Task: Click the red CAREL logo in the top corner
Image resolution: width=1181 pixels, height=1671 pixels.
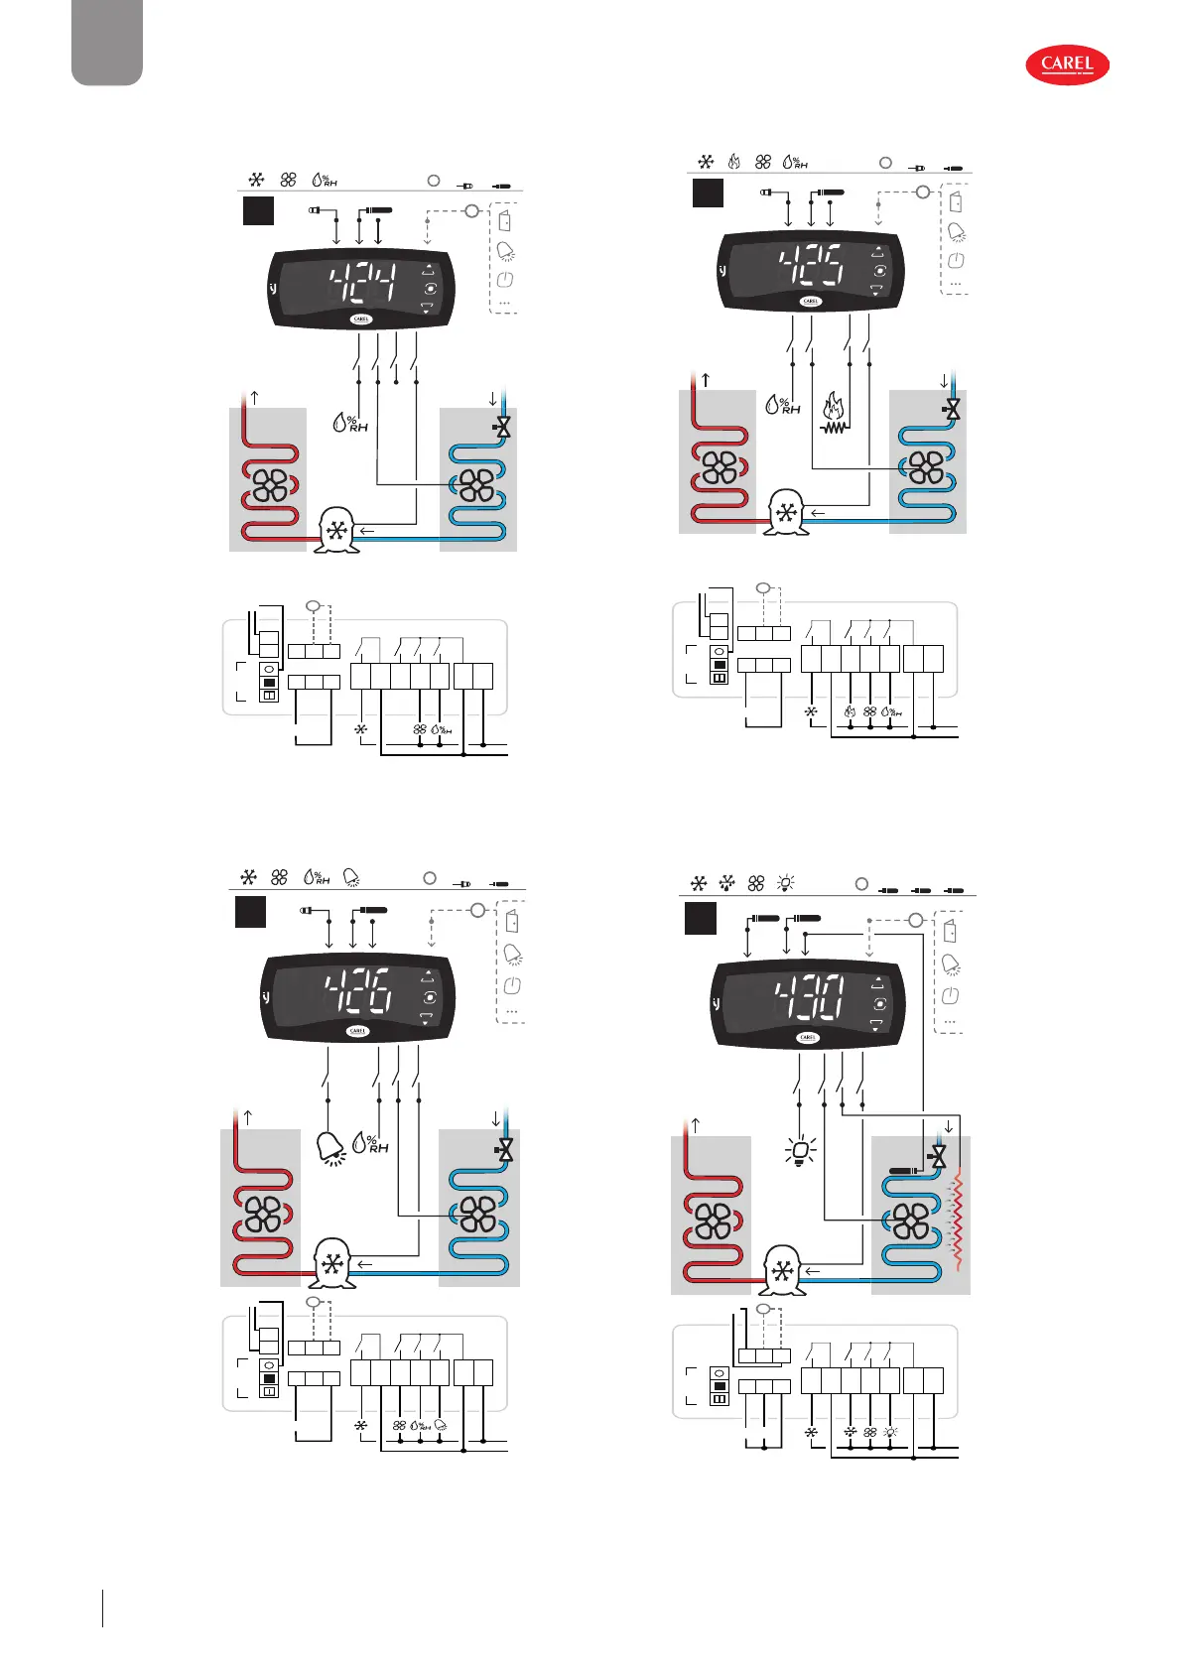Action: (x=1067, y=65)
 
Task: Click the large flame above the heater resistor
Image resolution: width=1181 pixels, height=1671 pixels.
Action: (x=834, y=407)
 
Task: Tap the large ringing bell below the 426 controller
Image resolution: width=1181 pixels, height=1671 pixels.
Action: (x=330, y=1148)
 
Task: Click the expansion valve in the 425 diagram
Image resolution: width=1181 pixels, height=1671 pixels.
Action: (x=952, y=409)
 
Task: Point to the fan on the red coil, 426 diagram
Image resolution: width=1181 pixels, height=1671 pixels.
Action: (x=264, y=1214)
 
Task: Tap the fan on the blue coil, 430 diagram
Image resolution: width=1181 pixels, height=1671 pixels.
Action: (x=911, y=1220)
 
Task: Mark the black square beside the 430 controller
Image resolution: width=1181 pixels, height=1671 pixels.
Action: (x=700, y=919)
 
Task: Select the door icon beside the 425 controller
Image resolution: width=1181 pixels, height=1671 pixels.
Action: (x=956, y=202)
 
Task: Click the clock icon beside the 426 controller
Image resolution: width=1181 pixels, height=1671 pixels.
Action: (x=512, y=986)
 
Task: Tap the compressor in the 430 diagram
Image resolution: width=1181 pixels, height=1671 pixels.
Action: (x=783, y=1270)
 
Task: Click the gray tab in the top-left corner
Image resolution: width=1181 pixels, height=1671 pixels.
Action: (x=107, y=42)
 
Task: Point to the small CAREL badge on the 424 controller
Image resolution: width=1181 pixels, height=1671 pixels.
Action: (x=361, y=320)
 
